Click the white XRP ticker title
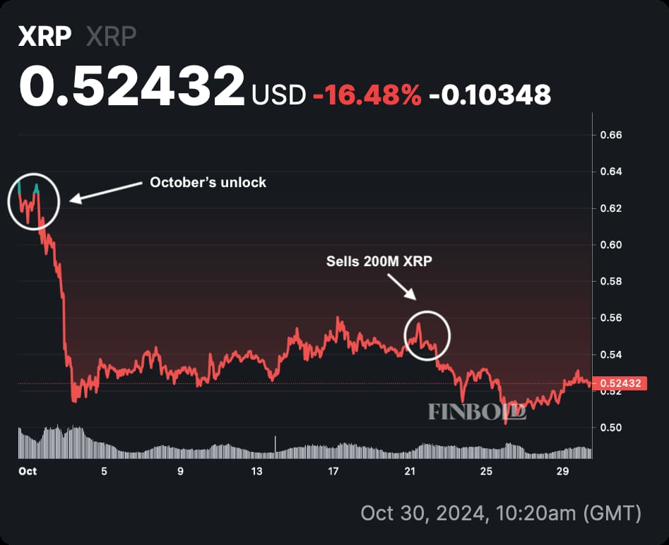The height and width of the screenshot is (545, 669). click(45, 37)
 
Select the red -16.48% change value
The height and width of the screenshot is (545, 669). click(367, 93)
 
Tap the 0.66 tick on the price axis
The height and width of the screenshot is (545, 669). click(610, 135)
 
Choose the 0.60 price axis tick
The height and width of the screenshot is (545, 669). click(610, 245)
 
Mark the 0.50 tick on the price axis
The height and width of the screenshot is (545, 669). click(610, 428)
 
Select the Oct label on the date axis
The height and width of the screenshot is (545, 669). click(28, 472)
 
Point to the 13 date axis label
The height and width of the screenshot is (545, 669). click(256, 472)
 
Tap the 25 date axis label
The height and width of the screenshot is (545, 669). click(485, 472)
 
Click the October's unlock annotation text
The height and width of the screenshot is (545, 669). click(208, 182)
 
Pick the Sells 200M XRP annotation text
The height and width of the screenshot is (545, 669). click(379, 261)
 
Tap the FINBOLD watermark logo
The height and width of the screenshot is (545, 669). click(477, 412)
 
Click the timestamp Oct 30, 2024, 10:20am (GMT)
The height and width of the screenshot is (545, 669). click(501, 513)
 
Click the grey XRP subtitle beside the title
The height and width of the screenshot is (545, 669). click(111, 37)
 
